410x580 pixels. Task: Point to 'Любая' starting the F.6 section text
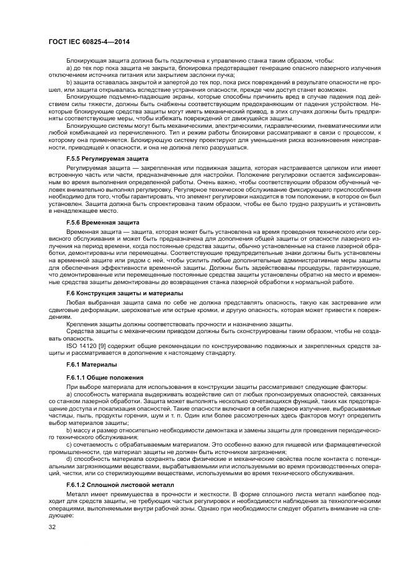(76, 302)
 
